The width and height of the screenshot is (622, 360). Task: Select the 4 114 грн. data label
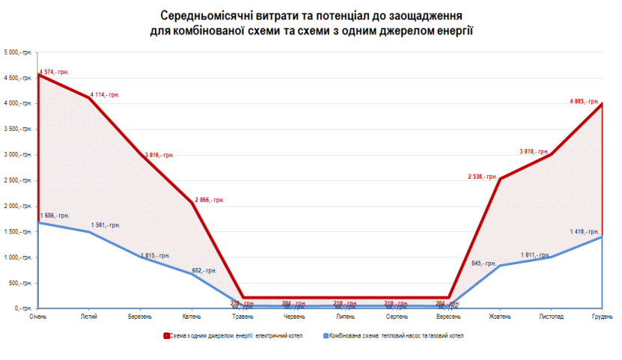pos(105,95)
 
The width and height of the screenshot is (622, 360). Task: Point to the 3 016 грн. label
pos(159,155)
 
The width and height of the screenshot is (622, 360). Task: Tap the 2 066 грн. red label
pos(210,201)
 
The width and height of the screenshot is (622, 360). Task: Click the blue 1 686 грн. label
pos(53,216)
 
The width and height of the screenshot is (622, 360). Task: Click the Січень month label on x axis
pos(38,316)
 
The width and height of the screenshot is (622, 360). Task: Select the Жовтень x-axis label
pos(498,316)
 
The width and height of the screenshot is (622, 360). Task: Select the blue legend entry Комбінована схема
pos(391,336)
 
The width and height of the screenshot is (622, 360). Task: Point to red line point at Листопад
pos(551,154)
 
